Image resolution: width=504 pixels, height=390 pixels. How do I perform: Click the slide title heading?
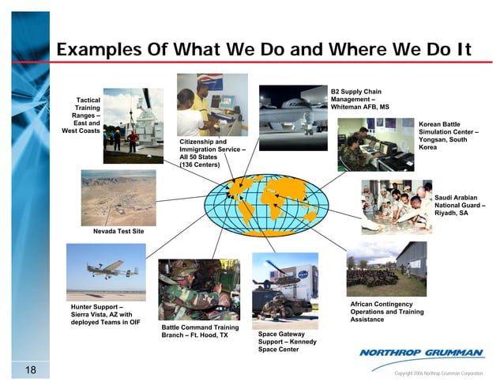tap(264, 50)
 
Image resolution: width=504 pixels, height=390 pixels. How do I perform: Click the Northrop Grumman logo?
tap(422, 353)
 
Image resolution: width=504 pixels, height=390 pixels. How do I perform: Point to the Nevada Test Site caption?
tap(118, 231)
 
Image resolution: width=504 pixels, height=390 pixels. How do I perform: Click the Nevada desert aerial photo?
tap(118, 198)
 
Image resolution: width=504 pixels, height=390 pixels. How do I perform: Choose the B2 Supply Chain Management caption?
tap(359, 99)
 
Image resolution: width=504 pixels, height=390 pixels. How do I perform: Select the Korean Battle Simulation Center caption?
tap(449, 136)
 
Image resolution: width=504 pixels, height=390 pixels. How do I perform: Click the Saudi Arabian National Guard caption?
tap(460, 205)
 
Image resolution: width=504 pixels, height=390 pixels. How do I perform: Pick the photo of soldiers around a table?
tap(396, 206)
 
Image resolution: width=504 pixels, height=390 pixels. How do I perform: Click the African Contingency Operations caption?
tap(381, 312)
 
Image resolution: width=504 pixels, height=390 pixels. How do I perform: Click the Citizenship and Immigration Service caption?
tap(212, 153)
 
